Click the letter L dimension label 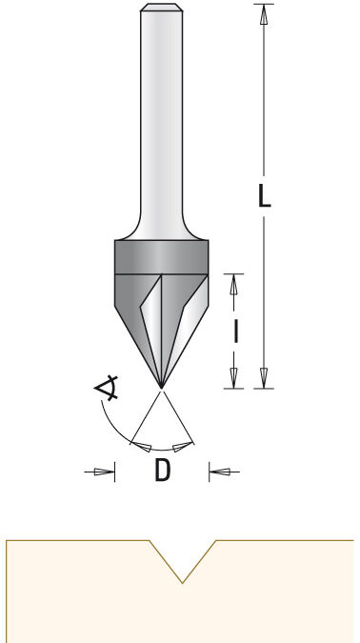(264, 195)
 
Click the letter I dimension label (236, 331)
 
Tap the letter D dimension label (162, 470)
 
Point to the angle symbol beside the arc (107, 387)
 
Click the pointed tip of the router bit (161, 388)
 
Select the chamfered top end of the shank (162, 8)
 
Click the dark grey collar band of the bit (161, 256)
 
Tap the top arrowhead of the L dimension (264, 14)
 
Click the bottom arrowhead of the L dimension (264, 377)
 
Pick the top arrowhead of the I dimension (233, 285)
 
